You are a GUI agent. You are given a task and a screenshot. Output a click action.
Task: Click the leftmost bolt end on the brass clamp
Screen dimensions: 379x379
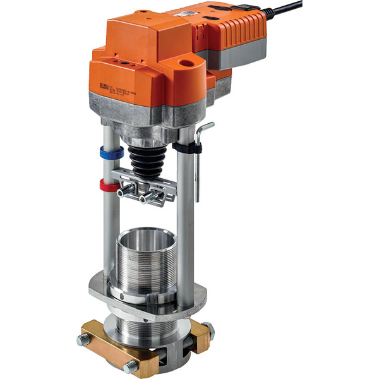[x=83, y=340]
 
